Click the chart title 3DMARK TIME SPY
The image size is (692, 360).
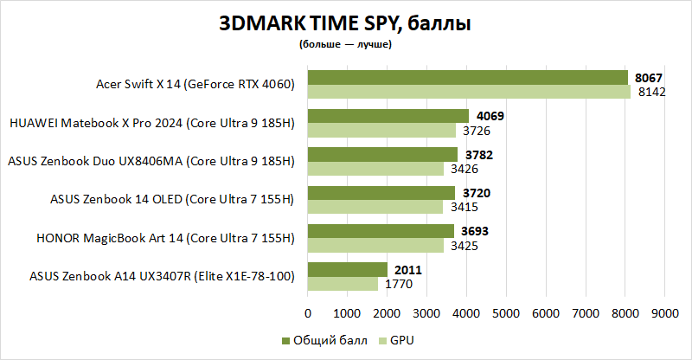click(345, 24)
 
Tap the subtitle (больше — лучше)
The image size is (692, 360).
click(345, 44)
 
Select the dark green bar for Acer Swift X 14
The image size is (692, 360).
click(468, 78)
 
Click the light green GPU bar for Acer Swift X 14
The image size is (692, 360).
click(470, 92)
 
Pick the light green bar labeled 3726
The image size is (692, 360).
click(381, 130)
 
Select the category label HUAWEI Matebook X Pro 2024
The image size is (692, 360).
click(152, 123)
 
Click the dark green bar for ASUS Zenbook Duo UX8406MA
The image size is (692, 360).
click(383, 154)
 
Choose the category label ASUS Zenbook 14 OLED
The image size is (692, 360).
click(173, 199)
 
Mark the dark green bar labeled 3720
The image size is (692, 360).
click(381, 192)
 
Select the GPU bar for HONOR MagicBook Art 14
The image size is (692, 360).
click(376, 245)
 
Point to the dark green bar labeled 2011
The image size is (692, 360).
click(348, 269)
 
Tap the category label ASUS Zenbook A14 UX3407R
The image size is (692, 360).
click(163, 276)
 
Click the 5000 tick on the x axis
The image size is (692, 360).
click(506, 312)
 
